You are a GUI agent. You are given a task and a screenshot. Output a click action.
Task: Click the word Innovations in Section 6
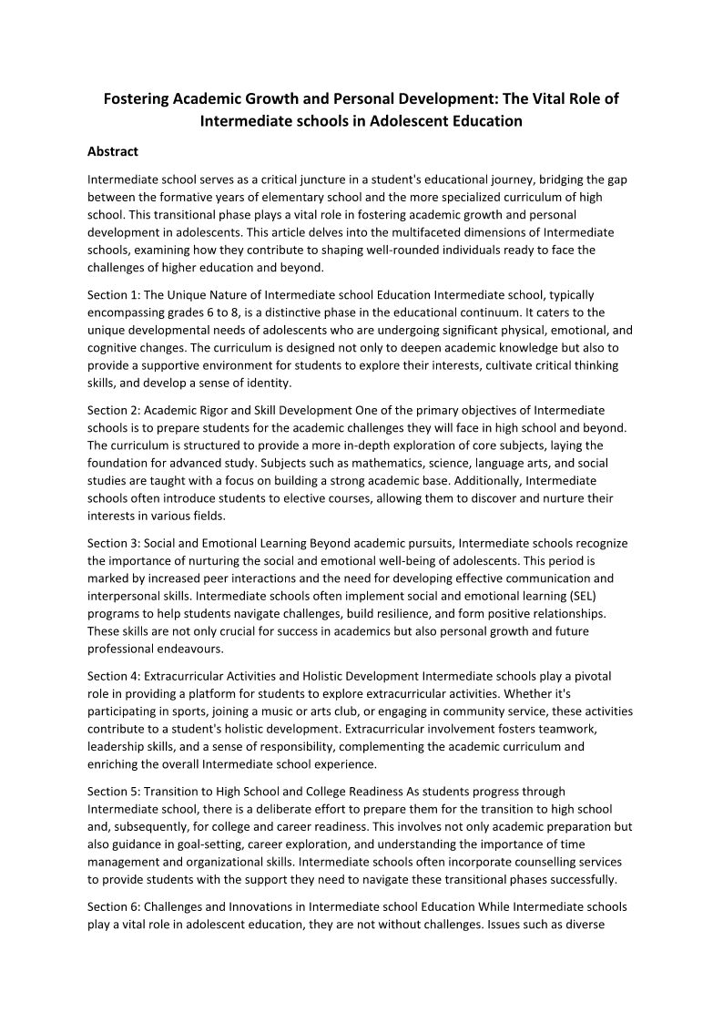click(260, 907)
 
